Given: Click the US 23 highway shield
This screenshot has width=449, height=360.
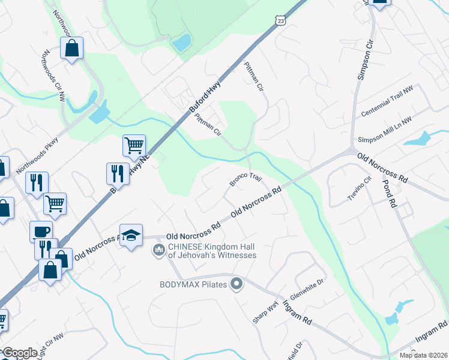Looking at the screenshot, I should click(x=281, y=21).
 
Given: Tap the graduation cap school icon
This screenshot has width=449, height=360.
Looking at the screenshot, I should click(x=131, y=236).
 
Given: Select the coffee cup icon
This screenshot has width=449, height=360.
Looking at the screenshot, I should click(x=41, y=231).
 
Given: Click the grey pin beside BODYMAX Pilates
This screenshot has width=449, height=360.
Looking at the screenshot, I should click(x=237, y=284).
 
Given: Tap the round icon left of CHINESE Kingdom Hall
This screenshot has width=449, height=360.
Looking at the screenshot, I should click(x=159, y=249).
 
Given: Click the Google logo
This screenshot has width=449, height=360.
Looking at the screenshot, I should click(x=20, y=353).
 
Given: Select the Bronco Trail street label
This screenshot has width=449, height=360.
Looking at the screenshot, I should click(x=246, y=179).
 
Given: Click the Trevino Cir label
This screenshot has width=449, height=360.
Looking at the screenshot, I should click(x=360, y=189).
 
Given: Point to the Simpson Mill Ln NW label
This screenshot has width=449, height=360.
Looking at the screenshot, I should click(x=385, y=130).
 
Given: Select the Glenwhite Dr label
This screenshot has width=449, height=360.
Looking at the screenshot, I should click(x=307, y=290).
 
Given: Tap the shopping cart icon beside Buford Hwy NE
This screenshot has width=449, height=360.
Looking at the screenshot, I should click(x=134, y=145).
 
